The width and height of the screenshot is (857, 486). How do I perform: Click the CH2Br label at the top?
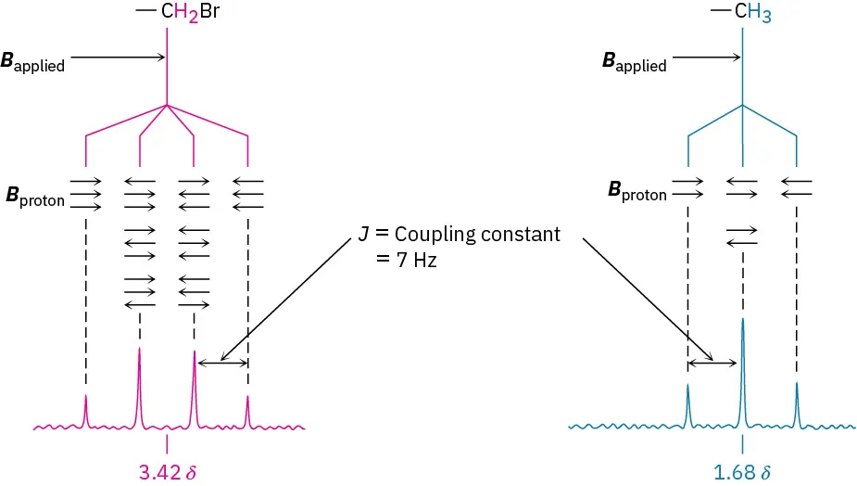coord(183,13)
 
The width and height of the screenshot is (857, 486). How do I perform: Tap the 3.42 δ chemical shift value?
coord(168,471)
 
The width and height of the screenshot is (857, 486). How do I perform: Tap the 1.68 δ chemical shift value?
coord(742,471)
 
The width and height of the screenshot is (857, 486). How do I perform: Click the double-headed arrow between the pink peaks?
coord(221,363)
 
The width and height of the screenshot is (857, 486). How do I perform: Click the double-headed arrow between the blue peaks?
coord(714,363)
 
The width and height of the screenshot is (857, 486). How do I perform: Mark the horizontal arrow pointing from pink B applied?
coord(118,58)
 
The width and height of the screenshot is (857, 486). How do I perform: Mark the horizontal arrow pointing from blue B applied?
coord(707,58)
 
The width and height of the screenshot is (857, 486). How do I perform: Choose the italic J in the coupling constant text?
coord(362,235)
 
